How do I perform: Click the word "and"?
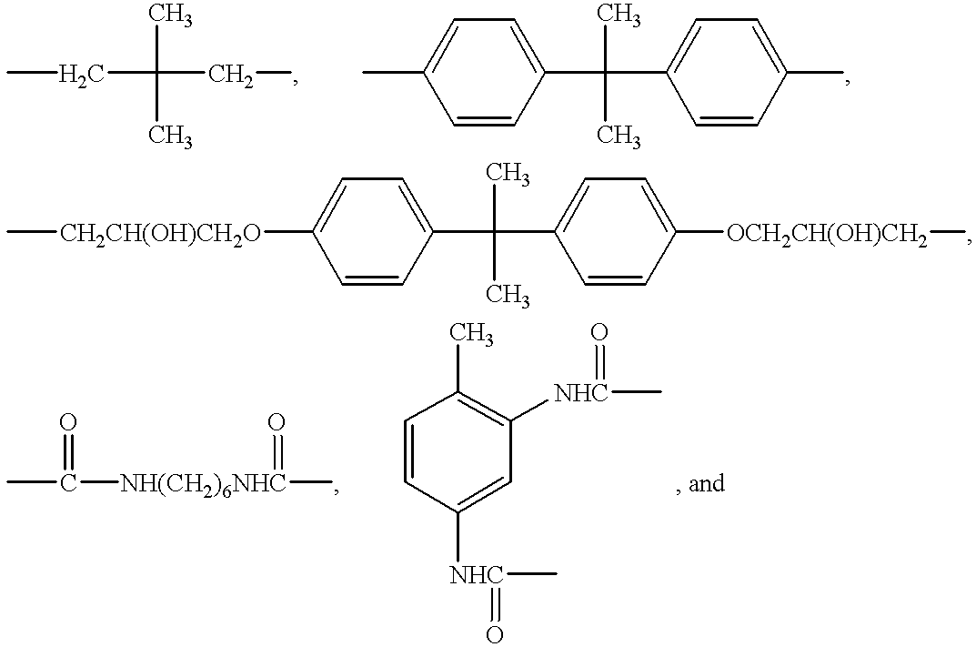(x=707, y=484)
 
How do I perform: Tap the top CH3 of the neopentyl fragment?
(x=170, y=16)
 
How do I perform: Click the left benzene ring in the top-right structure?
(x=484, y=73)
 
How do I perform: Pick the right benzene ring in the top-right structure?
(x=727, y=73)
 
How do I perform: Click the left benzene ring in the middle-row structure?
(x=372, y=232)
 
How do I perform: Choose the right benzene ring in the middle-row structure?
(x=614, y=232)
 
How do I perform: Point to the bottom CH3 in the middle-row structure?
(x=508, y=296)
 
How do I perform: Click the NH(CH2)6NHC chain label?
(x=203, y=484)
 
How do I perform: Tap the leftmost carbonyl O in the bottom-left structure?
(x=68, y=422)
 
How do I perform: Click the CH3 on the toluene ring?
(x=471, y=336)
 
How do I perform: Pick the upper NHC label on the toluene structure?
(x=580, y=393)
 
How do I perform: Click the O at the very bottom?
(x=494, y=634)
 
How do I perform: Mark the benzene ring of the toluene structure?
(x=458, y=452)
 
